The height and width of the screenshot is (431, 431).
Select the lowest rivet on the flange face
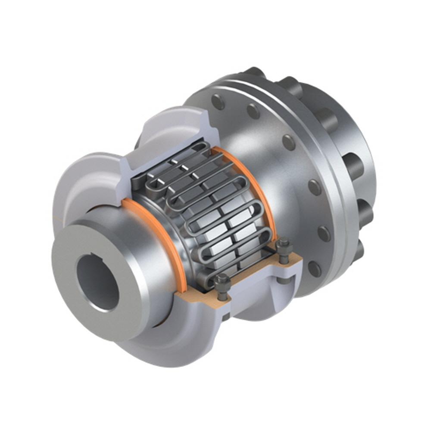315,269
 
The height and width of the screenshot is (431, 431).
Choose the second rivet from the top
253,111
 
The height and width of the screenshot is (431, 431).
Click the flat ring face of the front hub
69,276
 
